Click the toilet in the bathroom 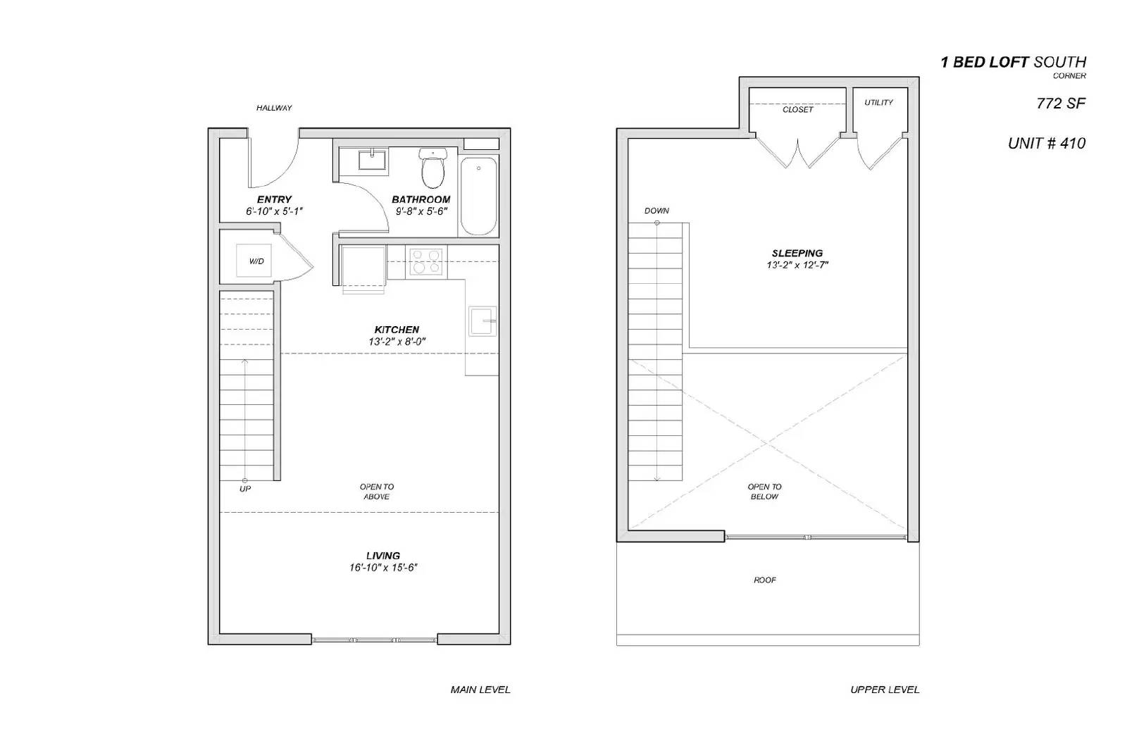[x=432, y=167]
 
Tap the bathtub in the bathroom [x=479, y=197]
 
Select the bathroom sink [x=372, y=160]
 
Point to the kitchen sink [x=482, y=321]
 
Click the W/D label [x=256, y=261]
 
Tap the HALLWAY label [x=274, y=108]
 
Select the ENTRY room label [x=274, y=199]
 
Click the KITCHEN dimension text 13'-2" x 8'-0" [x=397, y=342]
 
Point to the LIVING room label [x=383, y=556]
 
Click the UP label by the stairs [x=245, y=489]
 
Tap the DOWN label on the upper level [x=656, y=211]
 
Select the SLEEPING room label [x=797, y=253]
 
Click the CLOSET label [x=797, y=110]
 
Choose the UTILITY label [x=878, y=103]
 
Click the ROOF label [x=765, y=580]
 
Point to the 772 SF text [x=1061, y=104]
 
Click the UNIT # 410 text [x=1047, y=144]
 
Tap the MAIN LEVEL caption [x=480, y=690]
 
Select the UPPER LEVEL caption [x=885, y=690]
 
